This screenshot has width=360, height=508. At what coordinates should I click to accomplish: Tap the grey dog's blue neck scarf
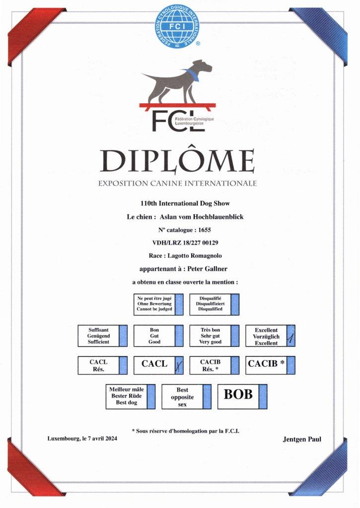[190, 75]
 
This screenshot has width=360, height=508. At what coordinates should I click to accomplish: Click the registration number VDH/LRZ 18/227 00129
[179, 243]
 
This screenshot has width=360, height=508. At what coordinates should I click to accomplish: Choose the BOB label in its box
[238, 394]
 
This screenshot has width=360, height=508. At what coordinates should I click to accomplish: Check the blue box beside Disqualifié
[235, 304]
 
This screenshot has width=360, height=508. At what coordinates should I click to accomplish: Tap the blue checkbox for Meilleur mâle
[152, 396]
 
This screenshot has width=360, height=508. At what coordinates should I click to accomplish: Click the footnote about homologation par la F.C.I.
[185, 431]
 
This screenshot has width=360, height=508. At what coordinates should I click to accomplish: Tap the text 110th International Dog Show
[179, 203]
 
